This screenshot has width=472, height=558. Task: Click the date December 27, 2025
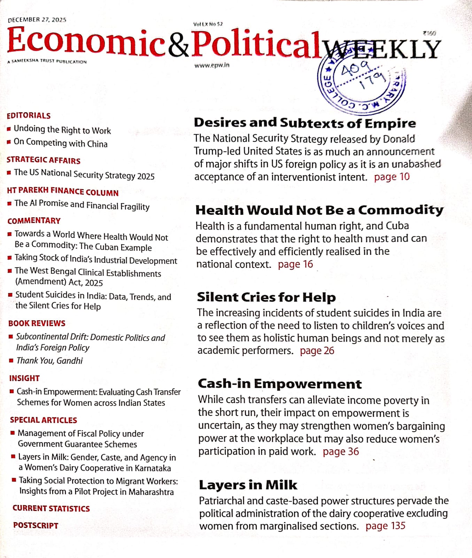tap(37, 20)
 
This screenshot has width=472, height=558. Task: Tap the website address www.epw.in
tap(212, 65)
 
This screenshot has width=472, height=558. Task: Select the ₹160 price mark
tap(429, 33)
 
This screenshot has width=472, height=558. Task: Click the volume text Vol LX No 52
tap(208, 24)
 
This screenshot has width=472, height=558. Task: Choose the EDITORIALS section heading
tap(29, 115)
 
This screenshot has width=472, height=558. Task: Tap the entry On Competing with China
tap(61, 143)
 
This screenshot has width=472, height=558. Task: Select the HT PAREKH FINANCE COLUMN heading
tap(63, 191)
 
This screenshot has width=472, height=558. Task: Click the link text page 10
tap(392, 177)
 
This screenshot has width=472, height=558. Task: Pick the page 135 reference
tap(385, 526)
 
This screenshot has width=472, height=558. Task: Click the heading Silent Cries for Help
tap(266, 297)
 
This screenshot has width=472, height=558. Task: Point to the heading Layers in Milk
tap(248, 485)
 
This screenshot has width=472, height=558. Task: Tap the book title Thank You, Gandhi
tap(50, 361)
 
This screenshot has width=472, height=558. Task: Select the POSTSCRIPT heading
tap(36, 525)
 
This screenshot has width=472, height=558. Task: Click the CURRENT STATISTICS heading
tap(51, 508)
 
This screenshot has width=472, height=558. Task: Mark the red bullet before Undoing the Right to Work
tap(9, 129)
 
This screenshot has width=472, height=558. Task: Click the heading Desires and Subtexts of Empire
tap(305, 123)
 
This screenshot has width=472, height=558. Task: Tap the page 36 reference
tap(341, 452)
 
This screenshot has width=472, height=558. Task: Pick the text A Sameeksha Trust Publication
tap(47, 62)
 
